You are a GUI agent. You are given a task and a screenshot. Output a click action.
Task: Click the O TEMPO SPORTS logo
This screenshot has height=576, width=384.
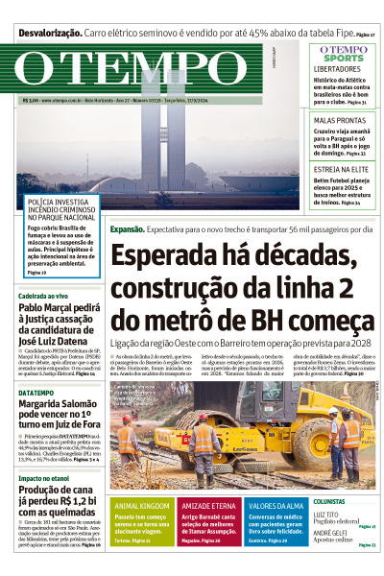(x=342, y=53)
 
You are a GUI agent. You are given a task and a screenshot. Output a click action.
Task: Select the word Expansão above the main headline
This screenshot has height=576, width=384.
(x=127, y=229)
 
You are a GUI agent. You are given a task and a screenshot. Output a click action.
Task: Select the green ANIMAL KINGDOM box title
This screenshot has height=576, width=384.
(x=143, y=505)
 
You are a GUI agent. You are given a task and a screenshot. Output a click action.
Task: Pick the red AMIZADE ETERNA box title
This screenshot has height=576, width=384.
(x=207, y=505)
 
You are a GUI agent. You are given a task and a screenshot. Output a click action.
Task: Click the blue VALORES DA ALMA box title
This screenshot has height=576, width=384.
(x=276, y=505)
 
